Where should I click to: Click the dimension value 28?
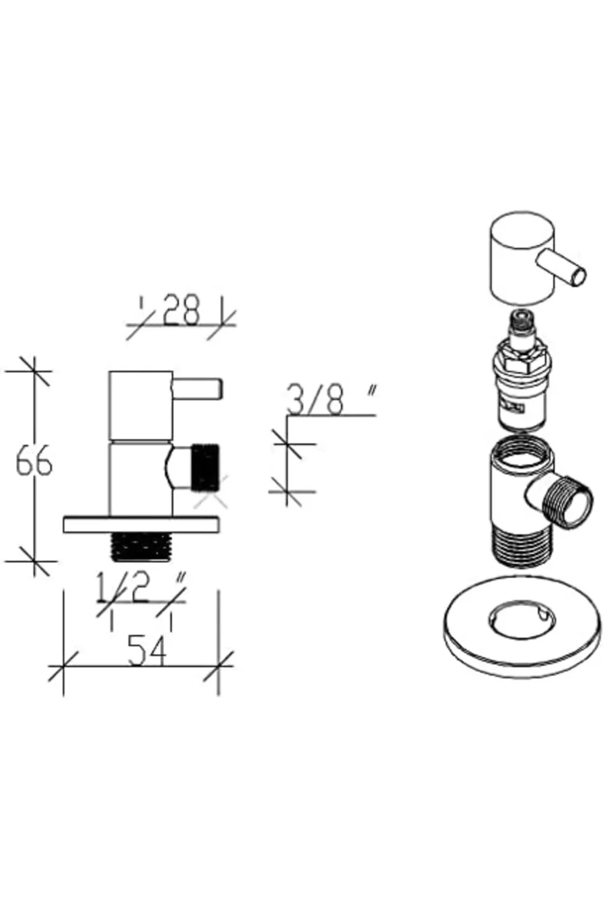point(181,310)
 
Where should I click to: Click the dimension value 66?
point(34,461)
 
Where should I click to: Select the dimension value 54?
point(147,651)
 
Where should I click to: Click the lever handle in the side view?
point(198,388)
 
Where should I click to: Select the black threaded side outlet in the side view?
point(206,468)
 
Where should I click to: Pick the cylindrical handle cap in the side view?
point(140,405)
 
